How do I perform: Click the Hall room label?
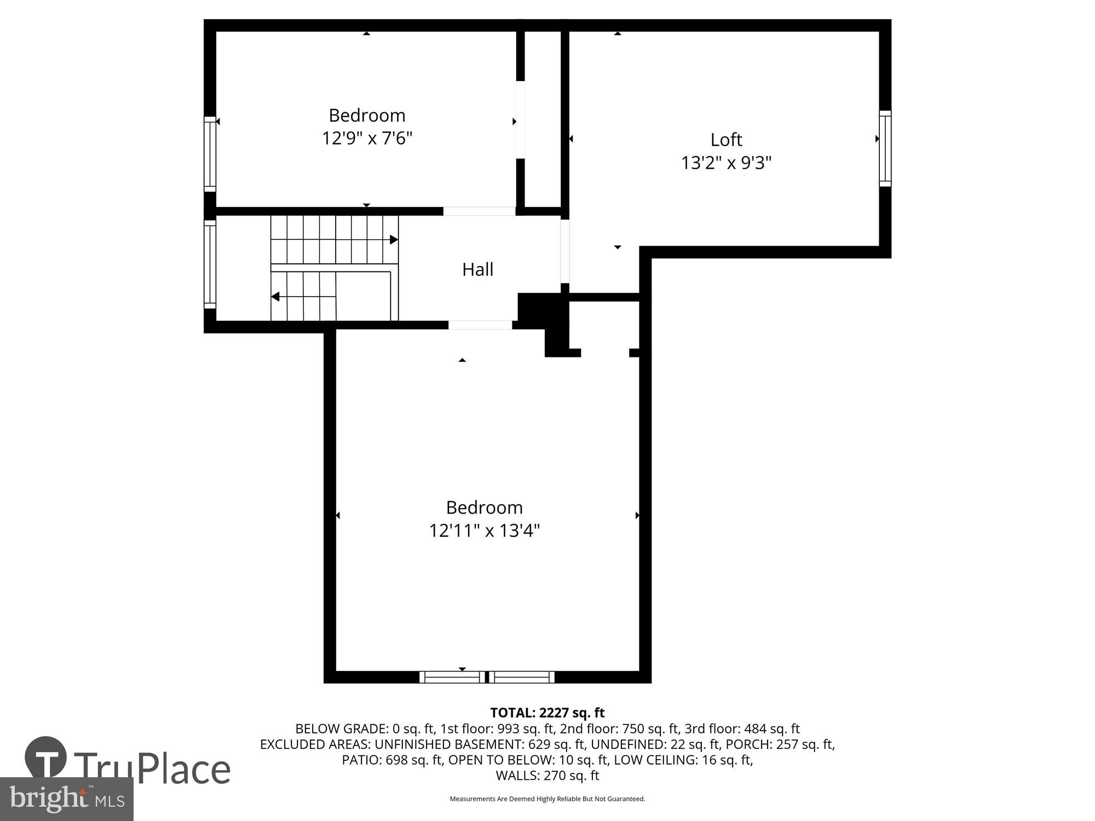[477, 269]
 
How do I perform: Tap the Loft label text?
[726, 140]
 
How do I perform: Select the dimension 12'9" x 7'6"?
[367, 138]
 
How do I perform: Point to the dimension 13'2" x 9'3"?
[726, 163]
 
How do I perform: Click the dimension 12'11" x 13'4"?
[485, 530]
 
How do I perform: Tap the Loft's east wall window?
[885, 148]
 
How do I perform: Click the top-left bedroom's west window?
[210, 154]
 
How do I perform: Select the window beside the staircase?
[210, 264]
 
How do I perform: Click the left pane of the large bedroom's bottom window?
[452, 677]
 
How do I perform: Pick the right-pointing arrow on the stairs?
[394, 240]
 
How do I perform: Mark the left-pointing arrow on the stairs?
[275, 297]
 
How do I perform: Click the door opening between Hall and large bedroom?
[480, 325]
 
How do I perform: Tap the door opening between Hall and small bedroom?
[479, 211]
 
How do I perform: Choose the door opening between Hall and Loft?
[565, 251]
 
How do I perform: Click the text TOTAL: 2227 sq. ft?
[547, 713]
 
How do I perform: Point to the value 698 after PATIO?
[396, 760]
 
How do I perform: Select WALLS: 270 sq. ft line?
[547, 776]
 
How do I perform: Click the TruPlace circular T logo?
[46, 758]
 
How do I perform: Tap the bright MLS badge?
[67, 800]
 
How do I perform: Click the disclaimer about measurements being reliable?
[547, 799]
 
